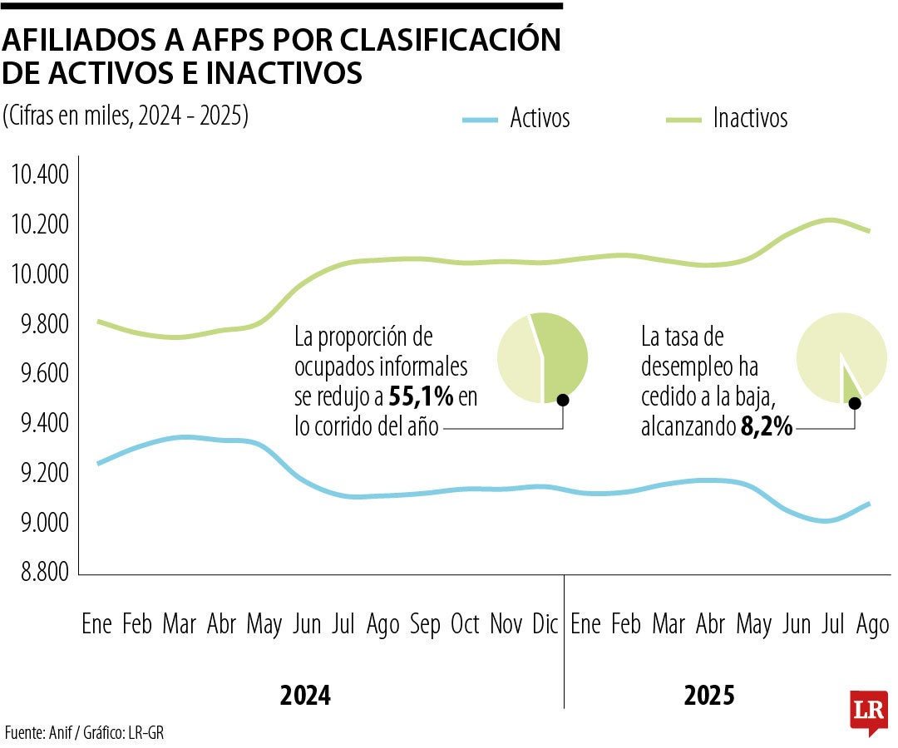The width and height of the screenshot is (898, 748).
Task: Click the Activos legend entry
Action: [540, 118]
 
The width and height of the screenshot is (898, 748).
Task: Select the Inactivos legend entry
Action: [749, 118]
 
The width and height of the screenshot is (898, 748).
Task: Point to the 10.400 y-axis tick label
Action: [39, 175]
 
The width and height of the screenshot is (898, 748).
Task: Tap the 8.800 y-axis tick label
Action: [39, 573]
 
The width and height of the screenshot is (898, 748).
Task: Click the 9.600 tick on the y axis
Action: [39, 374]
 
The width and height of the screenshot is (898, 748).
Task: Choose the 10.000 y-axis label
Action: [39, 274]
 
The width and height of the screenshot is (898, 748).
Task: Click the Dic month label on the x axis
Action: [545, 624]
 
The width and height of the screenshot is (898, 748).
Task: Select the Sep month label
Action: [426, 624]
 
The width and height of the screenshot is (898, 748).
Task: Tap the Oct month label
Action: [466, 624]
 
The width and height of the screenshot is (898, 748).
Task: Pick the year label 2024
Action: [305, 696]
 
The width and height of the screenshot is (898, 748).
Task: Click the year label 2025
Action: [709, 696]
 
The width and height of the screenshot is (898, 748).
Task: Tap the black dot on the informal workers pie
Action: [563, 400]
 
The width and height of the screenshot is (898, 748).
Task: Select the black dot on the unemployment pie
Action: [854, 403]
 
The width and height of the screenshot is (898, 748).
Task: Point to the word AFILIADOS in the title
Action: [96, 40]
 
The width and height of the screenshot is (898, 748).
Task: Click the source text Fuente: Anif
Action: [42, 732]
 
